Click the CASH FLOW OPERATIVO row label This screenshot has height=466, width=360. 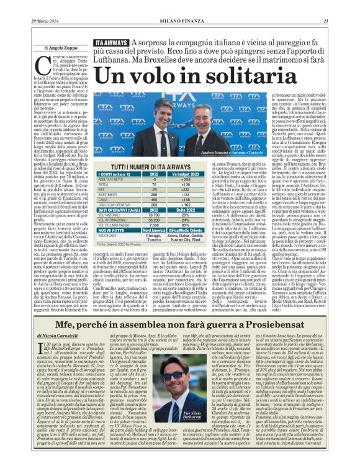tap(118, 204)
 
